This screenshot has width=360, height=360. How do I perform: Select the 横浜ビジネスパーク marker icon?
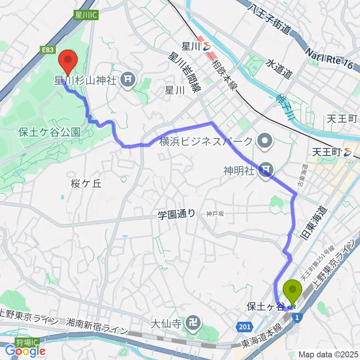pyautogui.click(x=265, y=141)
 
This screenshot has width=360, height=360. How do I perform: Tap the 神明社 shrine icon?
pyautogui.click(x=266, y=171)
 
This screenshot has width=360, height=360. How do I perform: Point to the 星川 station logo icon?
pyautogui.click(x=207, y=47)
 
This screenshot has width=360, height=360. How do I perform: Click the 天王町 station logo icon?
pyautogui.click(x=348, y=152)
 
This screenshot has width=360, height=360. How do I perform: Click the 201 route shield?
pyautogui.click(x=244, y=327)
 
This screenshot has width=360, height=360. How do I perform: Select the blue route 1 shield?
pyautogui.click(x=297, y=318)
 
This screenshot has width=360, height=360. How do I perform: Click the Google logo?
pyautogui.click(x=25, y=351)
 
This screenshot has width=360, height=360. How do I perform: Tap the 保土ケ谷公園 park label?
pyautogui.click(x=49, y=132)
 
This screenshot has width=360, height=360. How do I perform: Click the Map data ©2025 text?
pyautogui.click(x=328, y=354)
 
